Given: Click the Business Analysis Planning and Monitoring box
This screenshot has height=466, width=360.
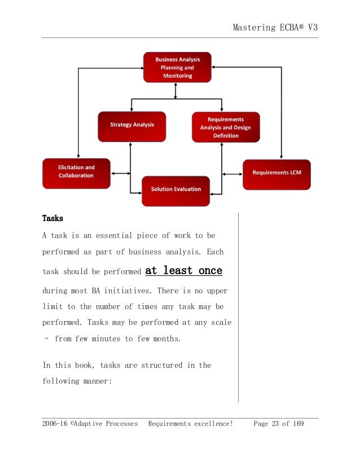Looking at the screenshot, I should (177, 67).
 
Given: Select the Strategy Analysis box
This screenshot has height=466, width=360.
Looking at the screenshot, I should (131, 126).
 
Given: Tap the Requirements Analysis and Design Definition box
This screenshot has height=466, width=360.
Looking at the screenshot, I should (225, 127).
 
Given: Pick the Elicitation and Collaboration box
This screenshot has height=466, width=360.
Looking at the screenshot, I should (76, 172).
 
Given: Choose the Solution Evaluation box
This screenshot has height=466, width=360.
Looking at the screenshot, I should (175, 190).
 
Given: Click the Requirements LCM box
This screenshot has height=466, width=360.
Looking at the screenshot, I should (276, 174).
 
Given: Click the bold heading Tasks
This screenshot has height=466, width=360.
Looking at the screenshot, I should (52, 218).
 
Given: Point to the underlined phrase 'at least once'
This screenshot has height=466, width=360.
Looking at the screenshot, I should (184, 271).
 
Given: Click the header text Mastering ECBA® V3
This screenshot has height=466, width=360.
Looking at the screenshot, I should (276, 28).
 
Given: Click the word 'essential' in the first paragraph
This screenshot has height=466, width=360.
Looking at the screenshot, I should (111, 236).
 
